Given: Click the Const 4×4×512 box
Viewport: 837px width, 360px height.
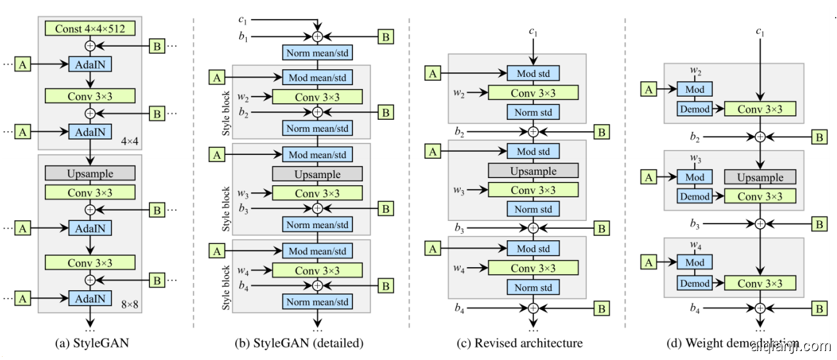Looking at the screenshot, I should [x=90, y=28].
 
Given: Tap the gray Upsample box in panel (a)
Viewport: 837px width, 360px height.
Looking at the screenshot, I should [x=90, y=174].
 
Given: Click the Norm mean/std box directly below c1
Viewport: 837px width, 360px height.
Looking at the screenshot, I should [x=317, y=53].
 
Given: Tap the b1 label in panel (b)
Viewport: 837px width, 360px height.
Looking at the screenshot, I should [x=243, y=37].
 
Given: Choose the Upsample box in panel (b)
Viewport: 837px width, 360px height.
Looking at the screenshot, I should [x=317, y=174].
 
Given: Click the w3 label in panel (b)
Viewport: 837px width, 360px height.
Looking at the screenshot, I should [x=244, y=193].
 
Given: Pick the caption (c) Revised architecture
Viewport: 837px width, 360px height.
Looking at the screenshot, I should [x=529, y=343].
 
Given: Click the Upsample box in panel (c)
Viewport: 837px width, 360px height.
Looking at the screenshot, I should [x=533, y=171].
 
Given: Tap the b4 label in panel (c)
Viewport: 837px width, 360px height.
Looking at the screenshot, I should [x=460, y=308].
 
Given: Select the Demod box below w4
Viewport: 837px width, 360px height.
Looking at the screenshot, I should [x=695, y=283].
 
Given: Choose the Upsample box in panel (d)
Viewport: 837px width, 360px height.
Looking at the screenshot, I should [x=760, y=177].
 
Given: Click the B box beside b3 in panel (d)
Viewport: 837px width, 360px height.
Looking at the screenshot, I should [x=819, y=224].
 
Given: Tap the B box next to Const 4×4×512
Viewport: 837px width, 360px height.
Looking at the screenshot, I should [x=156, y=45].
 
